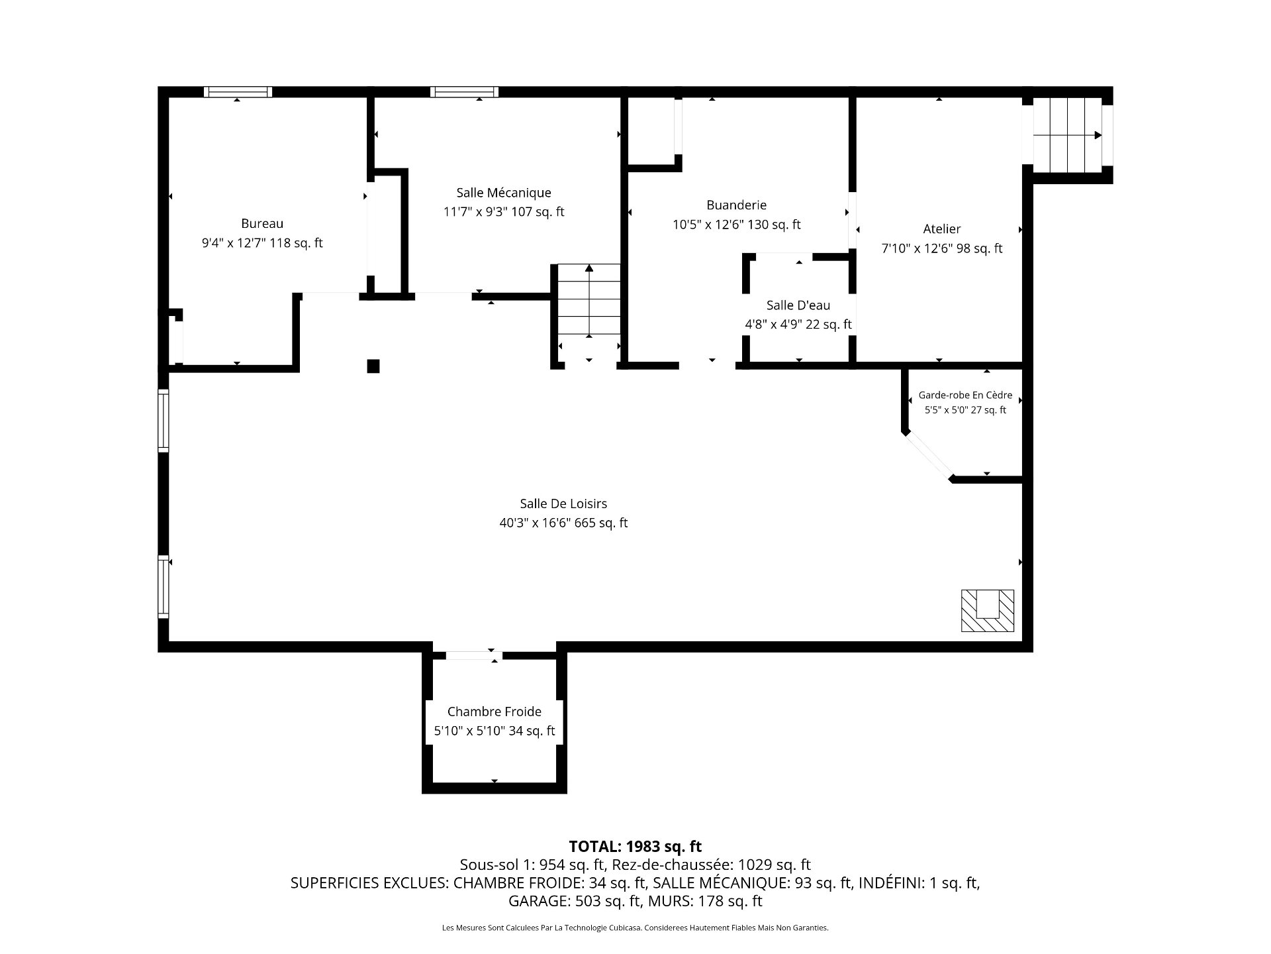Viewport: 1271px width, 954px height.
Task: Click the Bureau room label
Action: (x=262, y=224)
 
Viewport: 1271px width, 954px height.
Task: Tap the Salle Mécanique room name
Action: (x=503, y=193)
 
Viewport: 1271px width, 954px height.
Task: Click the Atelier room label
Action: (x=941, y=229)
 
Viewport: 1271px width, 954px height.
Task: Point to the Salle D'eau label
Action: (x=798, y=305)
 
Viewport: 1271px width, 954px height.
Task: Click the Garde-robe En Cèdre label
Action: (x=965, y=396)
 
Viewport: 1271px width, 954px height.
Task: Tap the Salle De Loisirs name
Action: (x=563, y=504)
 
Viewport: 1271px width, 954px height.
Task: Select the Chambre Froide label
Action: (x=494, y=712)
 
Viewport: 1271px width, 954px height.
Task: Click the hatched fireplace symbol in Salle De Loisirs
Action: (x=987, y=610)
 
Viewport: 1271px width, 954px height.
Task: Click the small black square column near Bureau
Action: (x=373, y=366)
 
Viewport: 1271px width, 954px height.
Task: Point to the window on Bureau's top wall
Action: (x=238, y=92)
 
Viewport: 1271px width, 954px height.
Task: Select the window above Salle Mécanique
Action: (x=464, y=92)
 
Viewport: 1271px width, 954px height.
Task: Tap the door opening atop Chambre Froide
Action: (x=473, y=655)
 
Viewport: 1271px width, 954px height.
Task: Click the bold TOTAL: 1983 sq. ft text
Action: (x=635, y=847)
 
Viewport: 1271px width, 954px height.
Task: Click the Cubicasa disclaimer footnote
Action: (x=635, y=928)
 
